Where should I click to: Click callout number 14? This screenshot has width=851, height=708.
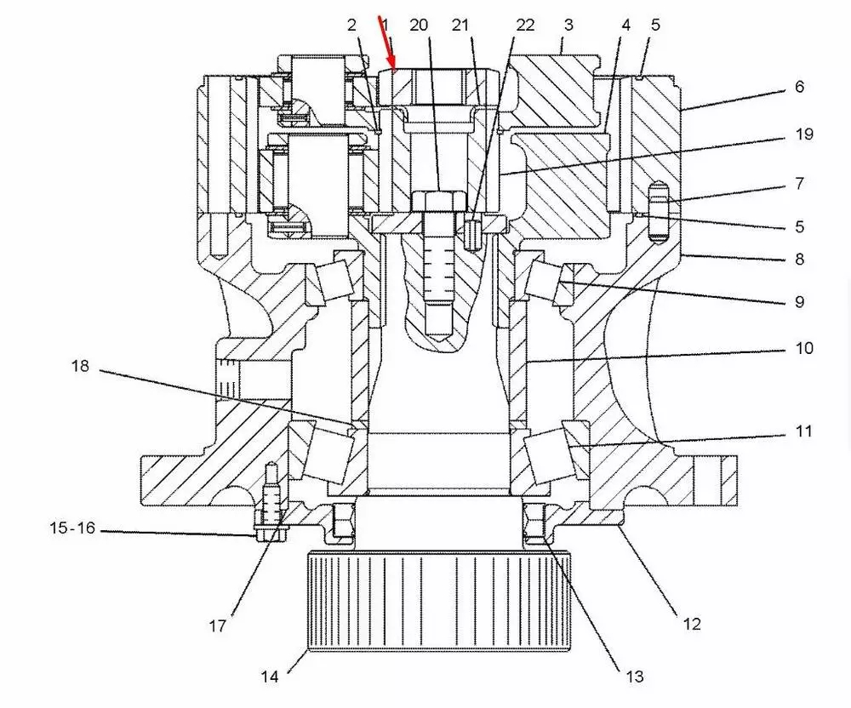(x=270, y=677)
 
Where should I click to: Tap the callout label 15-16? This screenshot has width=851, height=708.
(x=71, y=528)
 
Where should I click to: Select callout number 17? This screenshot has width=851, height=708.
(x=218, y=626)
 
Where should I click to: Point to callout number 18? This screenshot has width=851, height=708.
(x=80, y=367)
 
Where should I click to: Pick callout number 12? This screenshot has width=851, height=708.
(x=692, y=624)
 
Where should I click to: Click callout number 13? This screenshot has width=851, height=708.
(x=634, y=677)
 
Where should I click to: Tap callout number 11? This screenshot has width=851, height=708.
(x=803, y=431)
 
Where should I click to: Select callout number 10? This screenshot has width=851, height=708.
(x=803, y=348)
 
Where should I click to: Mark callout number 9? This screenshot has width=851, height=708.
(x=798, y=301)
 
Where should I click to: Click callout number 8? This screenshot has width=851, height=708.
(x=799, y=259)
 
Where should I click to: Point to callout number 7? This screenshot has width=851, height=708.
(x=799, y=182)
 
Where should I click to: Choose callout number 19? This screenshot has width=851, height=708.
(x=803, y=134)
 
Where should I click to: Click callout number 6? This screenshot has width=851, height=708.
(x=799, y=87)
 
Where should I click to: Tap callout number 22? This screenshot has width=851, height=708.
(x=525, y=25)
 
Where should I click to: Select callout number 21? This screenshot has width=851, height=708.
(x=460, y=25)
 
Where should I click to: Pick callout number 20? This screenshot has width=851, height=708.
(x=418, y=25)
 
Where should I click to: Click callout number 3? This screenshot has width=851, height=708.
(x=568, y=25)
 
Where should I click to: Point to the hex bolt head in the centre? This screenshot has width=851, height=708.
(x=438, y=203)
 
